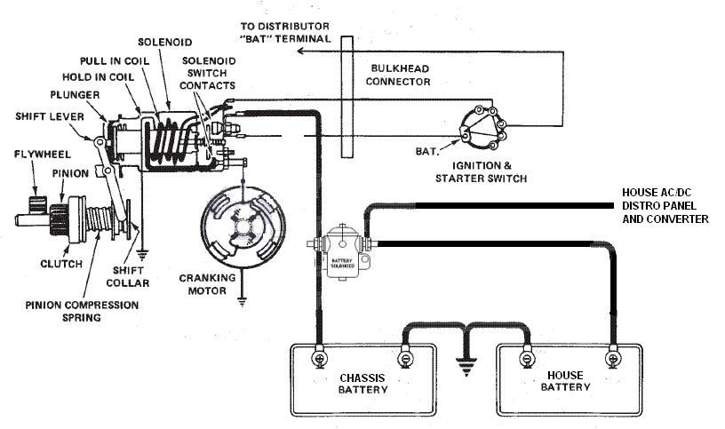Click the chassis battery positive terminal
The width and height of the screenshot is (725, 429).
coord(320,358)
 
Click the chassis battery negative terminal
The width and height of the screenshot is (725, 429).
coord(404,358)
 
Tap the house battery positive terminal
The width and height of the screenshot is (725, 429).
coord(613,358)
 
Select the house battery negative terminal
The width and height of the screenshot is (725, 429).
coord(527,358)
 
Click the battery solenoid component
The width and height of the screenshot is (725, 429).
coord(342,252)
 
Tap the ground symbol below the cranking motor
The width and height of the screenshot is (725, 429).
coord(242,302)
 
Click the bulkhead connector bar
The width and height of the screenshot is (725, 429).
coord(347,97)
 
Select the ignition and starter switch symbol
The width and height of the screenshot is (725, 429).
coord(483,128)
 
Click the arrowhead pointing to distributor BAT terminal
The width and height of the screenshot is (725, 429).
coord(300,51)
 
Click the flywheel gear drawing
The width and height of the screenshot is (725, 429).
coord(37,204)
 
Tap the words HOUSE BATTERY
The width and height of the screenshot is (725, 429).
coord(565,381)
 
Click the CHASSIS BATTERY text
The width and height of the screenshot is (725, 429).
coord(363,384)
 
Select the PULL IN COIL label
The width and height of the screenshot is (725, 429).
coord(115,61)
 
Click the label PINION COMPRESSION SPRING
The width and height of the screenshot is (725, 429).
coord(82,311)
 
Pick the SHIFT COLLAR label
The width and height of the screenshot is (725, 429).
coord(128,276)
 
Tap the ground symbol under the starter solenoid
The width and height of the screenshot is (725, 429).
coord(142,255)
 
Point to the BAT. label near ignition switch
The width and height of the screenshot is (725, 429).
coord(426,151)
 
